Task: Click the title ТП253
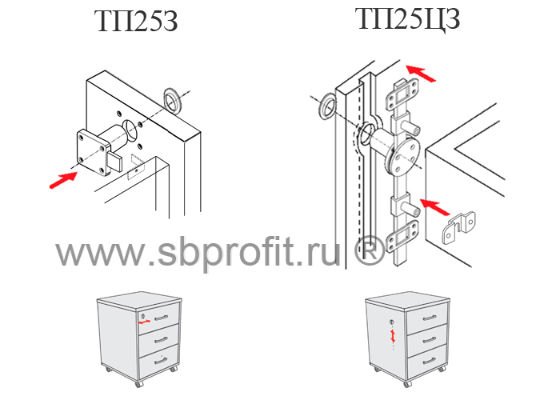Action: coord(136,22)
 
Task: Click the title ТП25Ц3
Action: coord(407,19)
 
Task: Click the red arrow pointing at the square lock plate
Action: coord(63,180)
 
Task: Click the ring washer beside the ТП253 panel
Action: coord(173,101)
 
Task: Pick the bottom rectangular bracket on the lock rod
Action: coord(402,236)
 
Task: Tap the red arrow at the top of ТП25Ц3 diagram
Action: coord(421,74)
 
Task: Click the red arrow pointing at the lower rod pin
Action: coord(434,207)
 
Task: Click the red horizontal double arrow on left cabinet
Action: coord(145,322)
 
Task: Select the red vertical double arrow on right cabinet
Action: coord(393,336)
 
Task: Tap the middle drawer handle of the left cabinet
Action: coord(161,340)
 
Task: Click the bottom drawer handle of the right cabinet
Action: coord(429,362)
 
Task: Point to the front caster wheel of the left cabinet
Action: coord(138,384)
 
